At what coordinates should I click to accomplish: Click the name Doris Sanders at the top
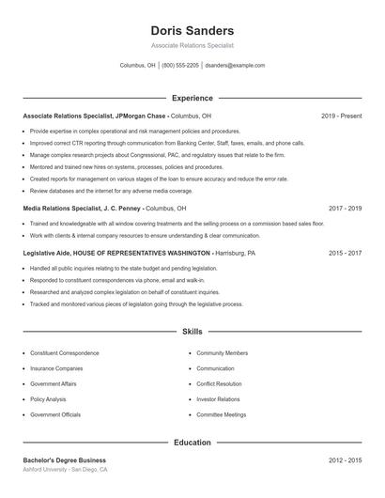point(192,31)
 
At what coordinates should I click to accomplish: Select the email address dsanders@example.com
point(235,66)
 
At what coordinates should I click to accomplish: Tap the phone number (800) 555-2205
point(180,66)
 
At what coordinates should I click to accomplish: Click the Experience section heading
point(192,98)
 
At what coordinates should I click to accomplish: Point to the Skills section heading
point(192,332)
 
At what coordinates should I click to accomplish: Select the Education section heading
point(192,442)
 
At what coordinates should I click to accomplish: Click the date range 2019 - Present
point(341,116)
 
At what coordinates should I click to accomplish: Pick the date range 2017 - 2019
point(345,208)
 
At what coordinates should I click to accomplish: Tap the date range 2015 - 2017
point(345,253)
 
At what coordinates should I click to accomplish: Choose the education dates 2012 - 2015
point(345,460)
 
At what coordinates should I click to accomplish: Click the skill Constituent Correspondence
point(64,353)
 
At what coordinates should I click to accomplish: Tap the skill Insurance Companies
point(56,368)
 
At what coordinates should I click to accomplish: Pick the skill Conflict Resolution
point(219,383)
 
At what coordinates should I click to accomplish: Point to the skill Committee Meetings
point(221,414)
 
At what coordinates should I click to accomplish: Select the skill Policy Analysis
point(49,399)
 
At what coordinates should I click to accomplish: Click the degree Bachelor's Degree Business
point(65,460)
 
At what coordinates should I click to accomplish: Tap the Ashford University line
point(66,469)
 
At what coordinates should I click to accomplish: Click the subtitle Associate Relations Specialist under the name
point(192,45)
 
